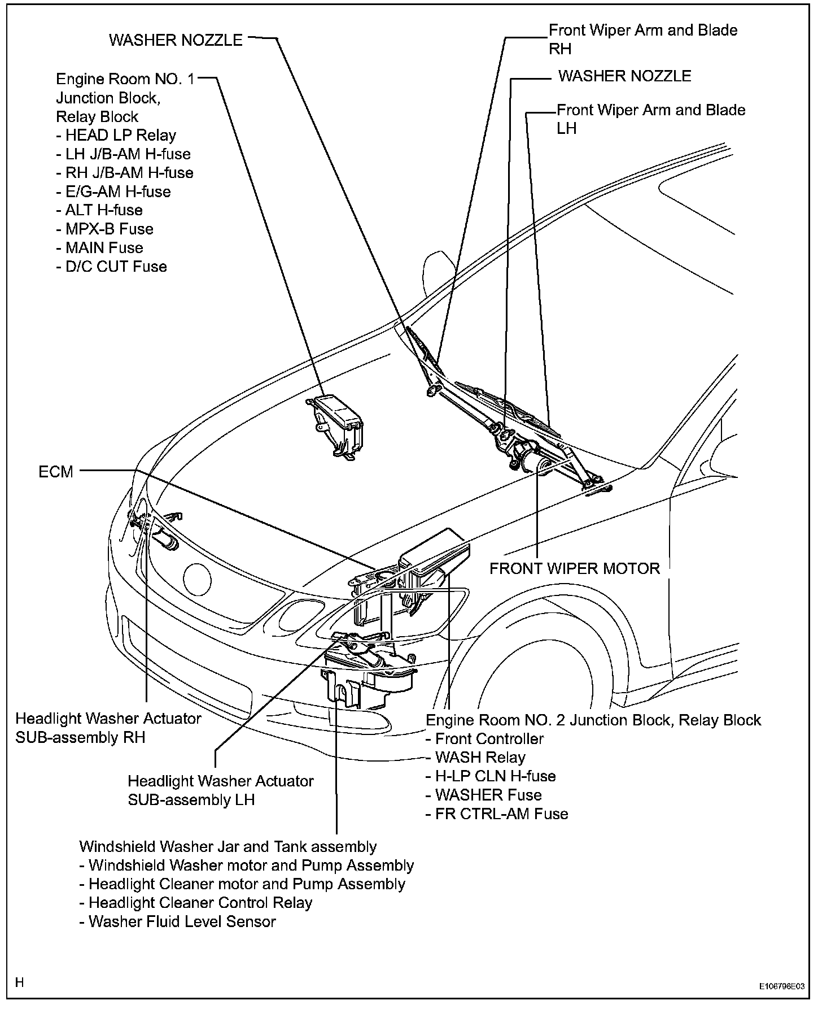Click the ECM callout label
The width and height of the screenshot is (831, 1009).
pos(56,472)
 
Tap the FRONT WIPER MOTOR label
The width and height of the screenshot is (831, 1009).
pos(574,568)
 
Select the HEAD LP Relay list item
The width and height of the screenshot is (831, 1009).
pos(117,136)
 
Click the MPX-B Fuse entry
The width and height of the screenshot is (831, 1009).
pos(105,229)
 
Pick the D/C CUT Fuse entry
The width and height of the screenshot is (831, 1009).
pos(112,267)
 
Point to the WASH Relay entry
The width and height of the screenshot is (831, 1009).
pos(475,758)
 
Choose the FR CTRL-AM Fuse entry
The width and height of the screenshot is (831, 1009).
pos(497,814)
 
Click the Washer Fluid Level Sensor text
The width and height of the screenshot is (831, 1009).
pos(178,922)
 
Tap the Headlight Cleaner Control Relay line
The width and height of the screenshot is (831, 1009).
pos(196,903)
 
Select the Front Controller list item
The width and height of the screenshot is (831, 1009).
pos(484,739)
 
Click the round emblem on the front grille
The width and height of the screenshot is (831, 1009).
pos(197,579)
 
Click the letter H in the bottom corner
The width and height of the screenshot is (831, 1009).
pos(20,982)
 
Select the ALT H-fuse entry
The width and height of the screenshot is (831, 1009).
pos(99,210)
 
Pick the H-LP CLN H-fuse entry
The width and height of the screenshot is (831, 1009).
pos(491,776)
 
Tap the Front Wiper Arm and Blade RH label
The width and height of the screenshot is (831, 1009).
pos(642,39)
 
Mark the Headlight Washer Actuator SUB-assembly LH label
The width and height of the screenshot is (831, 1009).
pos(221,790)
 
